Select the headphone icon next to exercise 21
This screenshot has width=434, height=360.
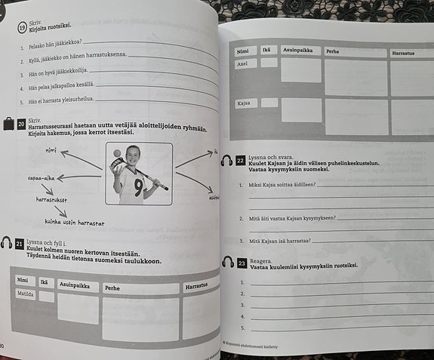[x=6, y=242]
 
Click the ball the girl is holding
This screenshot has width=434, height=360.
[x=119, y=154]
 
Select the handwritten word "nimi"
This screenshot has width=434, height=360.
[x=51, y=151]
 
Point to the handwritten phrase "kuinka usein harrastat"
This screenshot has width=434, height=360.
[x=74, y=223]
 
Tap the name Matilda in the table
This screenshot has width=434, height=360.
[x=26, y=294]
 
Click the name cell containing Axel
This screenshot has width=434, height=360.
[x=243, y=64]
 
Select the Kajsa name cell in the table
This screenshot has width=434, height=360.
[x=244, y=103]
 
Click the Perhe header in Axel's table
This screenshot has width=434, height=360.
[x=333, y=52]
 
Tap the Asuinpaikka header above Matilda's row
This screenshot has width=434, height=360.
[x=75, y=285]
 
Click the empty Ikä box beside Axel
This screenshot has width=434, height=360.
[x=269, y=63]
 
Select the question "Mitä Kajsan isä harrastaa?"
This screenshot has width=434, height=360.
[x=273, y=241]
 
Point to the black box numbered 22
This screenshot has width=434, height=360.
[x=240, y=161]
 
